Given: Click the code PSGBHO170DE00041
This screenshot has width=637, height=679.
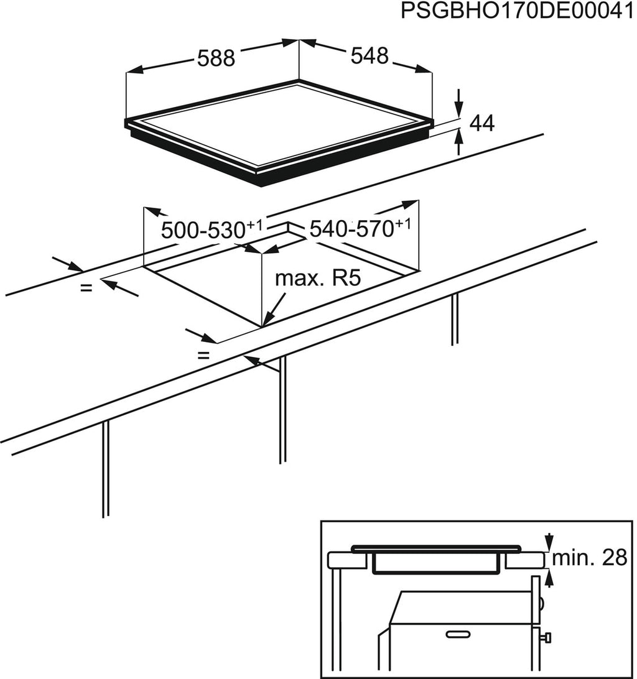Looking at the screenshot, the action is point(518,11).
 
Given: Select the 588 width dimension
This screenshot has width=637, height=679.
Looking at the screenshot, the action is point(216,58).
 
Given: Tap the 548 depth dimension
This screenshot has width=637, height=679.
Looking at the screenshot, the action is point(370,56).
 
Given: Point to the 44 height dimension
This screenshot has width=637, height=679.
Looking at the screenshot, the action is point(482,123).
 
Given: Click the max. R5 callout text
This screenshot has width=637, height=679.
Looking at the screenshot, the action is point(318,279).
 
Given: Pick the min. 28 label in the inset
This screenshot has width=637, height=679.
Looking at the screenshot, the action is point(590,558).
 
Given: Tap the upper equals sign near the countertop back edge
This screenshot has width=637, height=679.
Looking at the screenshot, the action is point(86,287).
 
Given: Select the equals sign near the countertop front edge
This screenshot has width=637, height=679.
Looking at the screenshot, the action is point(203,356).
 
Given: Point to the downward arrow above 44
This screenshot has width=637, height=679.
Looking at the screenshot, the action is point(459,103).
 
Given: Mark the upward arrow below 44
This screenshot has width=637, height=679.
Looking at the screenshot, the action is point(459,142).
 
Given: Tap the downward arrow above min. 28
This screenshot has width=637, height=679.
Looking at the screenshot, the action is point(549,542).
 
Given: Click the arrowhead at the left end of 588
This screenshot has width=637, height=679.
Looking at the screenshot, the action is point(134,70).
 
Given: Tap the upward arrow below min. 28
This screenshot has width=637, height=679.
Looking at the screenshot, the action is point(549,578).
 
